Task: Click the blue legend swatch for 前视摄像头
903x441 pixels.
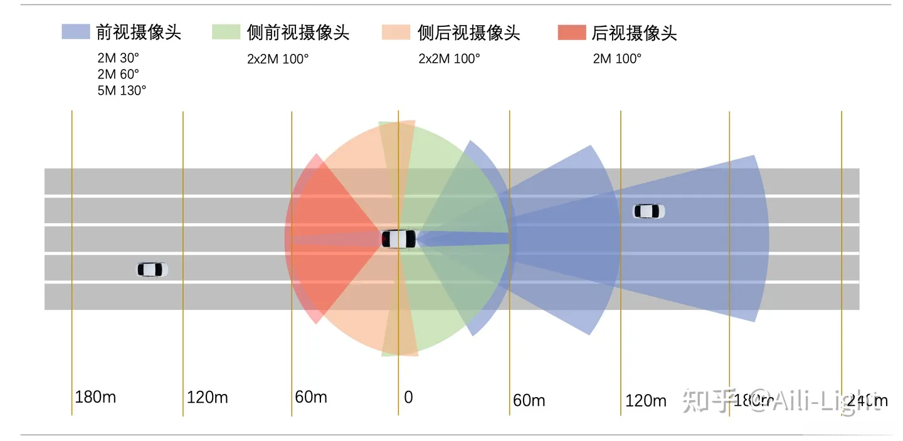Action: [76, 32]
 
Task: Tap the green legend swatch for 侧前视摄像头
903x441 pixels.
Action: [226, 32]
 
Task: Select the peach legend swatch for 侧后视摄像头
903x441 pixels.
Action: [396, 32]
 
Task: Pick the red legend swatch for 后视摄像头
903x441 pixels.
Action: [571, 32]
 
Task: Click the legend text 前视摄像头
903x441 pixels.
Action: [139, 32]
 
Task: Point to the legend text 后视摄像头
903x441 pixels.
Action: [634, 33]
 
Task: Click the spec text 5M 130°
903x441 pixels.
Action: [122, 90]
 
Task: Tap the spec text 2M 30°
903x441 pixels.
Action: [118, 58]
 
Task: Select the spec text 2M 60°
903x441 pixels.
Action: [118, 74]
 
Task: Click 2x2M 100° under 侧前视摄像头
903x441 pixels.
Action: [278, 59]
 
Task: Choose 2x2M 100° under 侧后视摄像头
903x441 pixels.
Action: [449, 59]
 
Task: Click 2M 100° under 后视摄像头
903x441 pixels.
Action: [618, 59]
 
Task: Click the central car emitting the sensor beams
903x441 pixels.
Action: [399, 239]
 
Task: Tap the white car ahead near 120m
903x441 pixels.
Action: [648, 211]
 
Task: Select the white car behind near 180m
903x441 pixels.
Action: [152, 270]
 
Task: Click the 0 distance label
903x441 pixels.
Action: [408, 397]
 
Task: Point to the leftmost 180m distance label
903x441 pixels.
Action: [95, 397]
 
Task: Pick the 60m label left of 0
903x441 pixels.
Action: [311, 397]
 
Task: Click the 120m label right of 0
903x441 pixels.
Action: [645, 400]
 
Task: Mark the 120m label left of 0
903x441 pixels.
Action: [207, 397]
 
